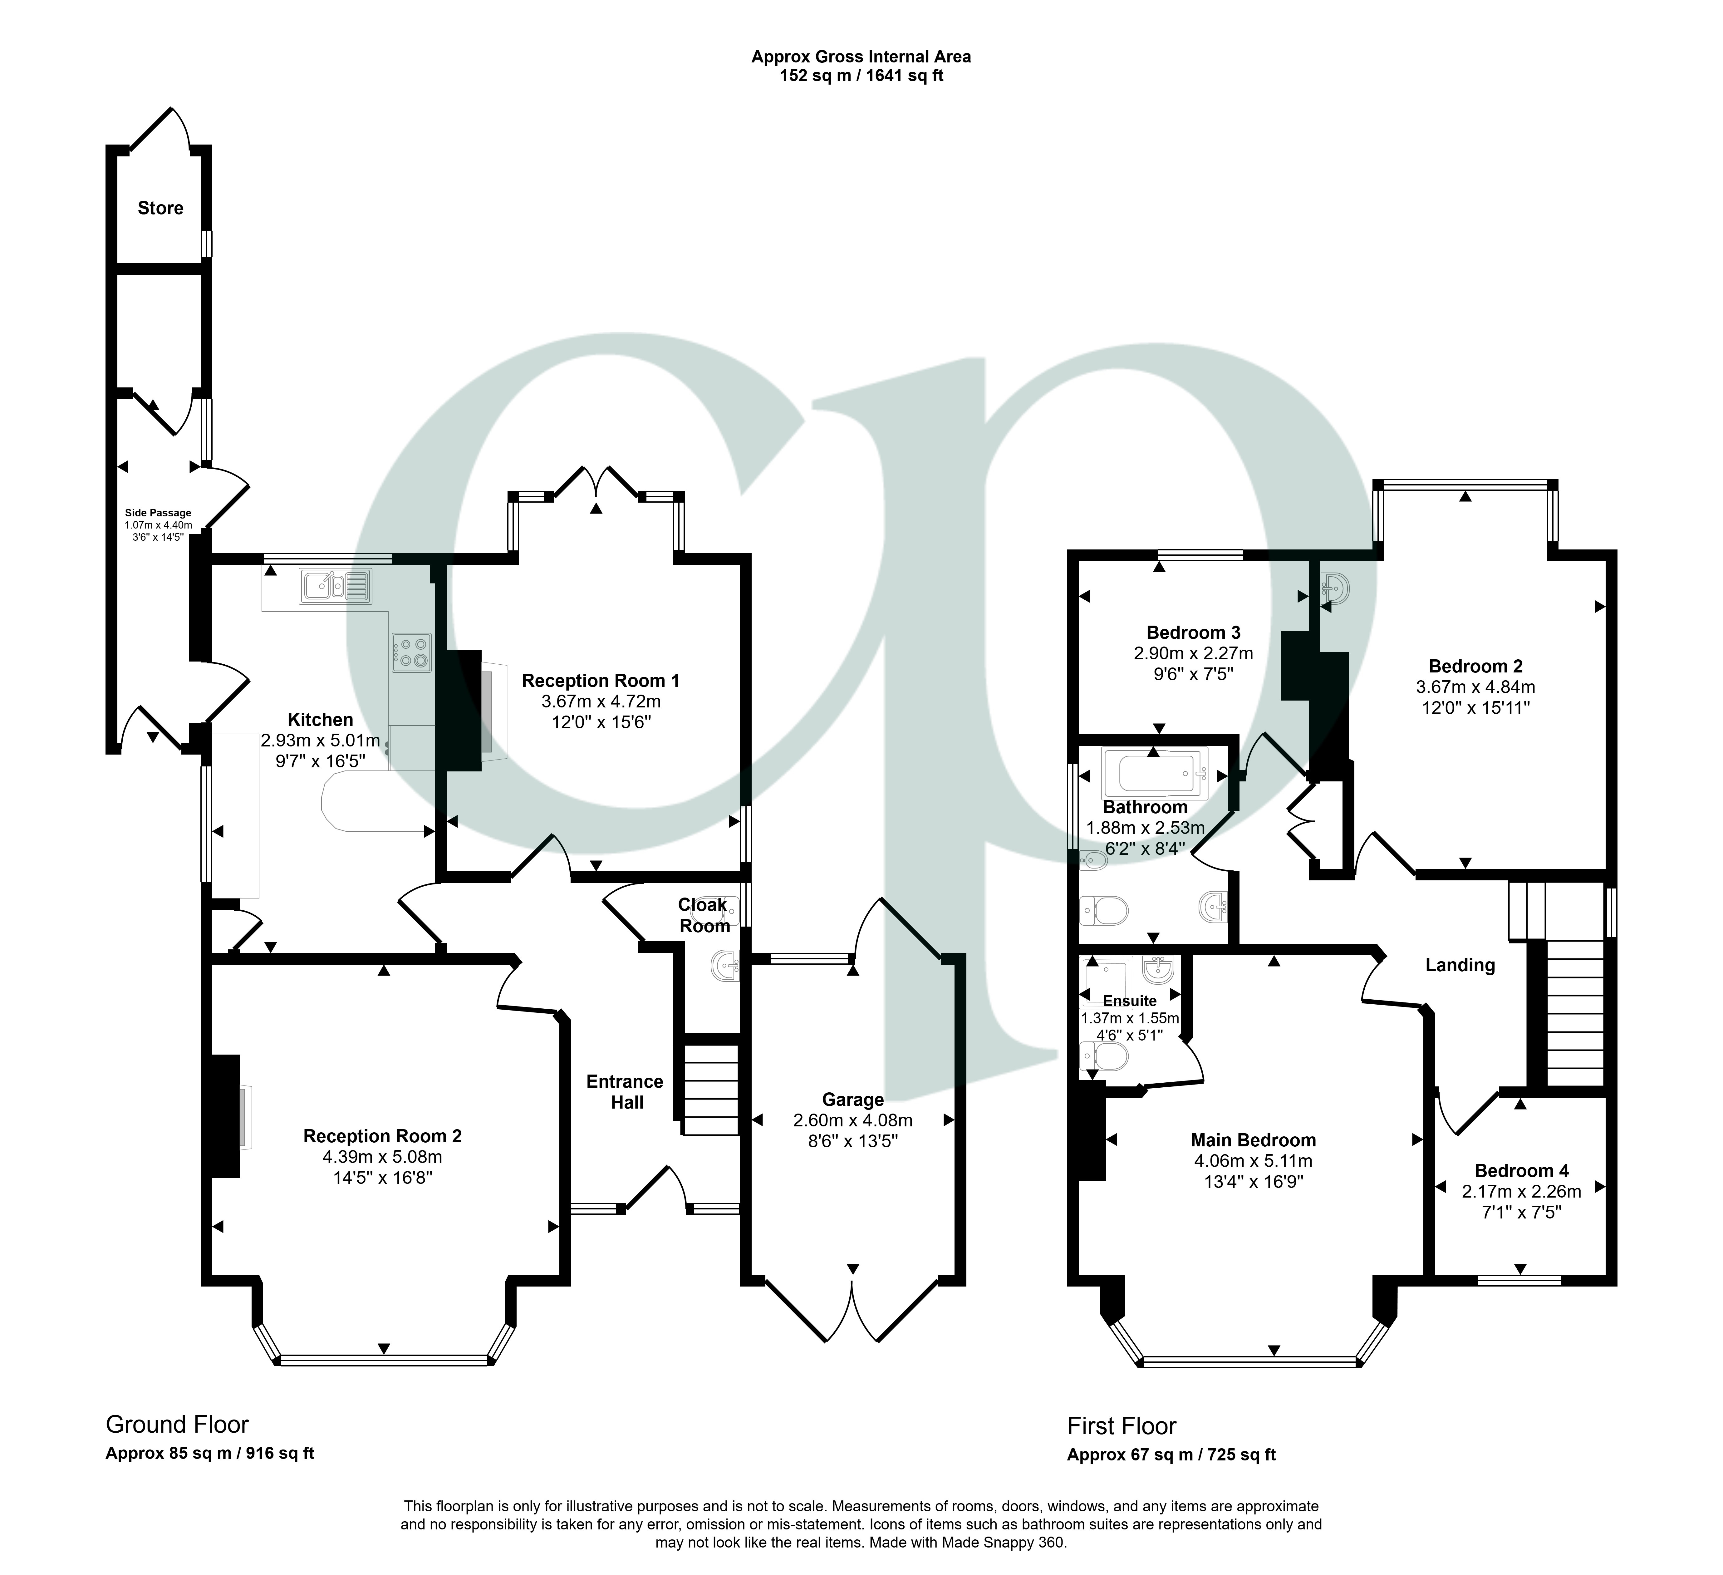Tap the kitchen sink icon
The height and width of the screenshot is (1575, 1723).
tap(335, 586)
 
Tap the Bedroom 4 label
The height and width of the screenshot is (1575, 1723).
tap(1520, 1171)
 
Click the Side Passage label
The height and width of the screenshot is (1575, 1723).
tap(158, 513)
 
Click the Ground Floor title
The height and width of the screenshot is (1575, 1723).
tap(177, 1425)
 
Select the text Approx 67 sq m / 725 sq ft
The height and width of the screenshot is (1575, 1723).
tap(1171, 1454)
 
